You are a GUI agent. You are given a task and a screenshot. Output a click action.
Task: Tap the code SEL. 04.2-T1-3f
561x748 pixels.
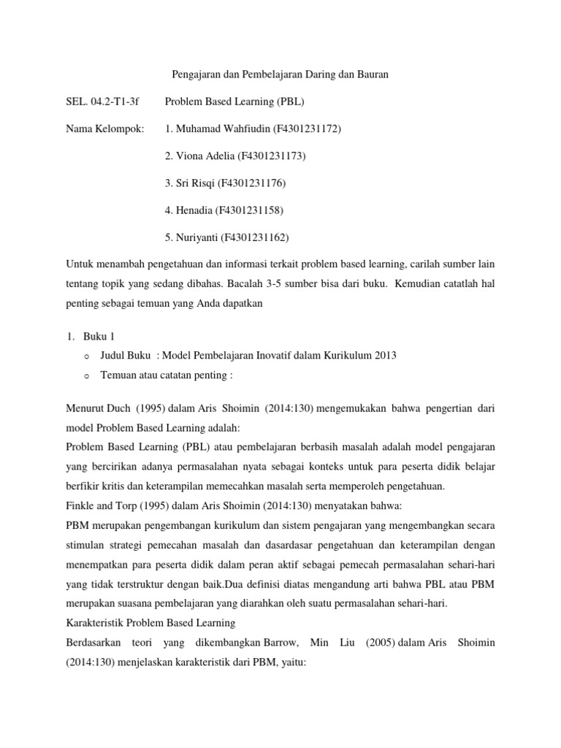coord(97,102)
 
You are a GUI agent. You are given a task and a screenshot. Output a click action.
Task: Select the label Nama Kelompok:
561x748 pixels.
coord(104,129)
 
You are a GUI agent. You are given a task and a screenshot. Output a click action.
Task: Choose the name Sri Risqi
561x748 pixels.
coord(194,183)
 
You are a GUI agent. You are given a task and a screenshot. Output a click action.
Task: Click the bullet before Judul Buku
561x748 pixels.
coord(86,356)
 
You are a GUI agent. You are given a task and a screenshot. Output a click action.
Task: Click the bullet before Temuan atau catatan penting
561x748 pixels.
coord(86,376)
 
